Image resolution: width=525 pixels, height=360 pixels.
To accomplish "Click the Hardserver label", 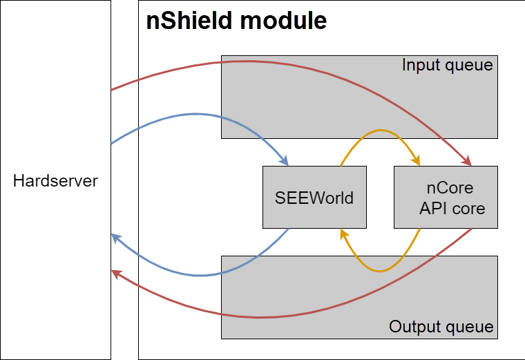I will [x=55, y=181].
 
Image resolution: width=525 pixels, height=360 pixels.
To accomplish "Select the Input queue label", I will [x=447, y=66].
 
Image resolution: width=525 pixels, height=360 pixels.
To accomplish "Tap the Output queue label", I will [x=441, y=326].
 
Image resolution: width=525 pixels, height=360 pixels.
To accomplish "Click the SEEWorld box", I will [x=314, y=198].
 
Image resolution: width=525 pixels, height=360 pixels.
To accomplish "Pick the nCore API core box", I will [x=446, y=198].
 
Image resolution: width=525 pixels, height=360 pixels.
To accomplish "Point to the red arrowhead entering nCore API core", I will [x=468, y=162].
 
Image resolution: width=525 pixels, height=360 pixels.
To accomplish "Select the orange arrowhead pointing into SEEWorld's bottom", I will [x=342, y=234].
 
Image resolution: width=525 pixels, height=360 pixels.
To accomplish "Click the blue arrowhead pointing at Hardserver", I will [x=115, y=237].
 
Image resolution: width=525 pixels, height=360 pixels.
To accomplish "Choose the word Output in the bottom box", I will [x=415, y=326].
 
